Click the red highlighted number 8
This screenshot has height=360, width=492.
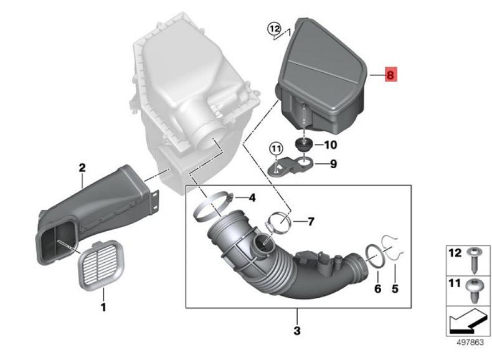391,74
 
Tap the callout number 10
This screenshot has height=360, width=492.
331,145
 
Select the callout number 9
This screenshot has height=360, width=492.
334,164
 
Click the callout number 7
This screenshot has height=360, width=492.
311,222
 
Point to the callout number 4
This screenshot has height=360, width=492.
252,197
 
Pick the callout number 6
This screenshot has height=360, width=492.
378,288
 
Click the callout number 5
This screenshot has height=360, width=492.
395,288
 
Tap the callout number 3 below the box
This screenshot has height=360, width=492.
297,331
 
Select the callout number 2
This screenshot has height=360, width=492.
82,168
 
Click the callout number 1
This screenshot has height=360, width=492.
103,307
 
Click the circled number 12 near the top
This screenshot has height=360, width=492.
275,29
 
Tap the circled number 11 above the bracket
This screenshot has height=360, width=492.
276,148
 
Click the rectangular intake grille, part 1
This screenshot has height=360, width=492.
101,265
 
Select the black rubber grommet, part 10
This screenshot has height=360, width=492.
303,144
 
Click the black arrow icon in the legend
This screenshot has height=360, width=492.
467,322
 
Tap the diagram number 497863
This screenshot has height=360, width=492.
470,342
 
